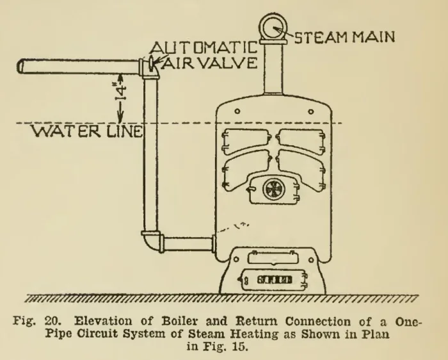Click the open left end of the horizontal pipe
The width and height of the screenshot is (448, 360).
[20, 66]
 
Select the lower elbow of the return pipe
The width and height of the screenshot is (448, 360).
[152, 241]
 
